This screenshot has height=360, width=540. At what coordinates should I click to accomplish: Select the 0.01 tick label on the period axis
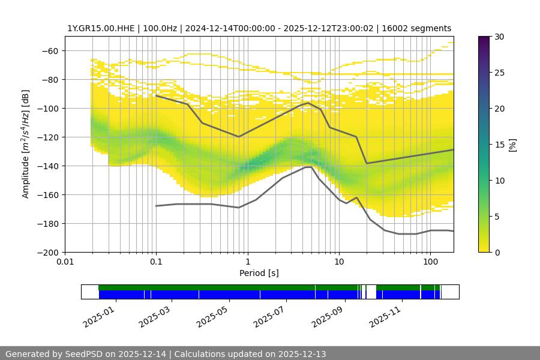65,262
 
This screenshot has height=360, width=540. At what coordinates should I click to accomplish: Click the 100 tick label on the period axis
430,262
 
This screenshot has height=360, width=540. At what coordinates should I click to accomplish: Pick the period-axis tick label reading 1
247,262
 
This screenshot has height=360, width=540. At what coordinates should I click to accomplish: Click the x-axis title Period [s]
259,273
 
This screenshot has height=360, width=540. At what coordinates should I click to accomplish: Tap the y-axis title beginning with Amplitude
26,144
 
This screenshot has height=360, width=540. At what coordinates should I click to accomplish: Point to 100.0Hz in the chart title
163,28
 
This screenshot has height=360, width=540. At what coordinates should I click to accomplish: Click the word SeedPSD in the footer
86,354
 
